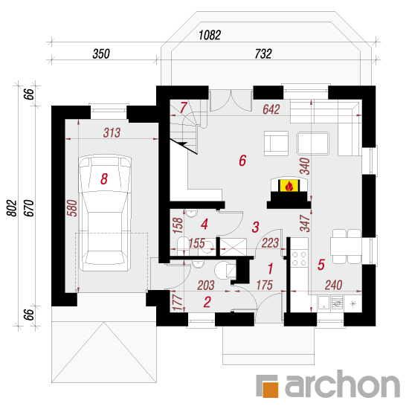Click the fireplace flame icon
pos(289,186)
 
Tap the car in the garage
pos(105,213)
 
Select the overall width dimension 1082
pos(210,35)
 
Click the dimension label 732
pos(263,54)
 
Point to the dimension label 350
pos(101,54)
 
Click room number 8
pos(104,179)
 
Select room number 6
pos(242,161)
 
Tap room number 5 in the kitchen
pos(321,265)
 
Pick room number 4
pos(204,225)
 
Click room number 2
pos(207,302)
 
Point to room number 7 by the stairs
pos(184,108)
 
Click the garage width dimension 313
pos(112,133)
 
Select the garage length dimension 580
pos(72,208)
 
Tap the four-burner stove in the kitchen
pos(300,258)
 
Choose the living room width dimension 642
pos(271,109)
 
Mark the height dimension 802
pos(12,208)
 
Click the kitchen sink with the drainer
pos(330,303)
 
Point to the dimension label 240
pos(334,285)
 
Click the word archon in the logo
pos(343,384)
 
